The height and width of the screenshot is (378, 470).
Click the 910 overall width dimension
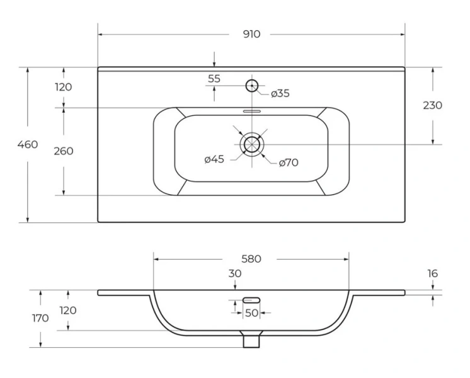(251, 35)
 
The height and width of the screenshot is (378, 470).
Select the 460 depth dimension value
(28, 144)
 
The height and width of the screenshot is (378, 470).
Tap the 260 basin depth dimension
(64, 151)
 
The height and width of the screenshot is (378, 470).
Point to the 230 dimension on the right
(433, 105)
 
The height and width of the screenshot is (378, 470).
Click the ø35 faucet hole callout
(280, 93)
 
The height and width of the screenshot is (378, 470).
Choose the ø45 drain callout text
(214, 159)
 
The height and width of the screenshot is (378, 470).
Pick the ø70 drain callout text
(289, 163)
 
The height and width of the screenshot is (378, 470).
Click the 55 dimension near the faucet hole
(214, 79)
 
